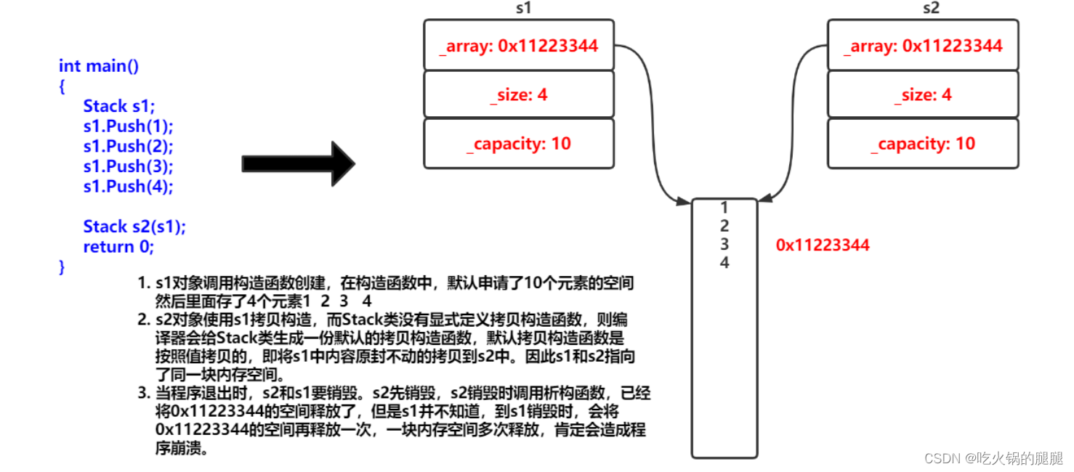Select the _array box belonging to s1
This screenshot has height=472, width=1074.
[x=519, y=46]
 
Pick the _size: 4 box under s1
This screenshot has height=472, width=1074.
[x=519, y=94]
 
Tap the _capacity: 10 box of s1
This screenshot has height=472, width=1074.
[x=519, y=143]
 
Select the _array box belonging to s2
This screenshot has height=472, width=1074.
[x=923, y=46]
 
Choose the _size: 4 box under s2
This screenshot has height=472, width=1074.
[x=923, y=94]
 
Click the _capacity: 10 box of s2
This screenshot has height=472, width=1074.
[x=923, y=143]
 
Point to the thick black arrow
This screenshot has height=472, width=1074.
[x=298, y=164]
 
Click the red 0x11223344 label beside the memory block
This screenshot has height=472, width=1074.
[x=823, y=245]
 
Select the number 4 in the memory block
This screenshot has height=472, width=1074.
[x=724, y=262]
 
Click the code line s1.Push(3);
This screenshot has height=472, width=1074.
[x=129, y=166]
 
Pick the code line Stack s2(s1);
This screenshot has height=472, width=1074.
[x=134, y=226]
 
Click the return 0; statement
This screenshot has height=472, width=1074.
[x=118, y=246]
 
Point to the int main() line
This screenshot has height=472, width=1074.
[x=99, y=66]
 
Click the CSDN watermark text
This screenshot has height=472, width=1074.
[x=993, y=458]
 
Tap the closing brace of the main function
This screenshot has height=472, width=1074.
[x=62, y=266]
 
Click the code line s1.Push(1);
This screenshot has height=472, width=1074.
[x=129, y=126]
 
